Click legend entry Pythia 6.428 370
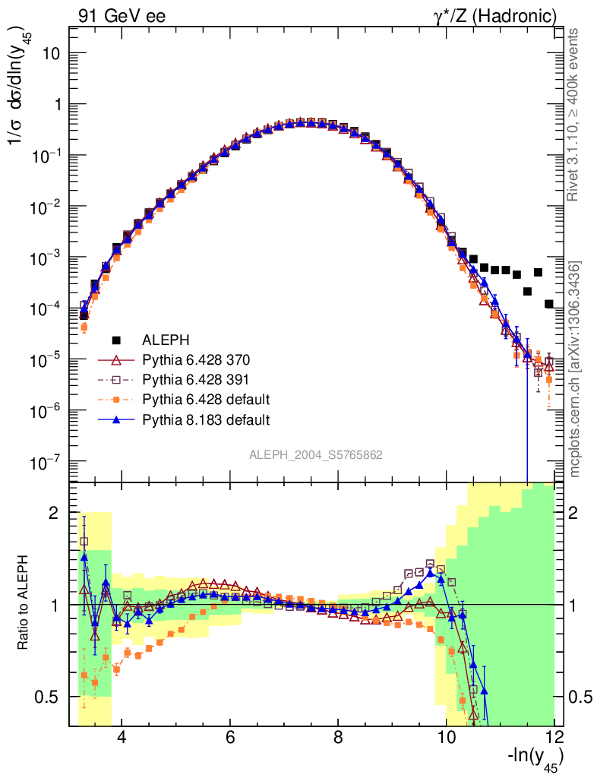click(x=196, y=359)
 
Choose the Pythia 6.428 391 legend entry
click(x=196, y=379)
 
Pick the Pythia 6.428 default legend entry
click(x=207, y=399)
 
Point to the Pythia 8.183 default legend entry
click(x=207, y=419)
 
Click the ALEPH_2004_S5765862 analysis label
click(x=316, y=455)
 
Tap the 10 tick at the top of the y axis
click(x=52, y=54)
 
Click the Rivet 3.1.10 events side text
click(x=575, y=114)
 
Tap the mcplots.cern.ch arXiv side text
click(x=575, y=368)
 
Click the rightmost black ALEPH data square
click(x=549, y=304)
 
